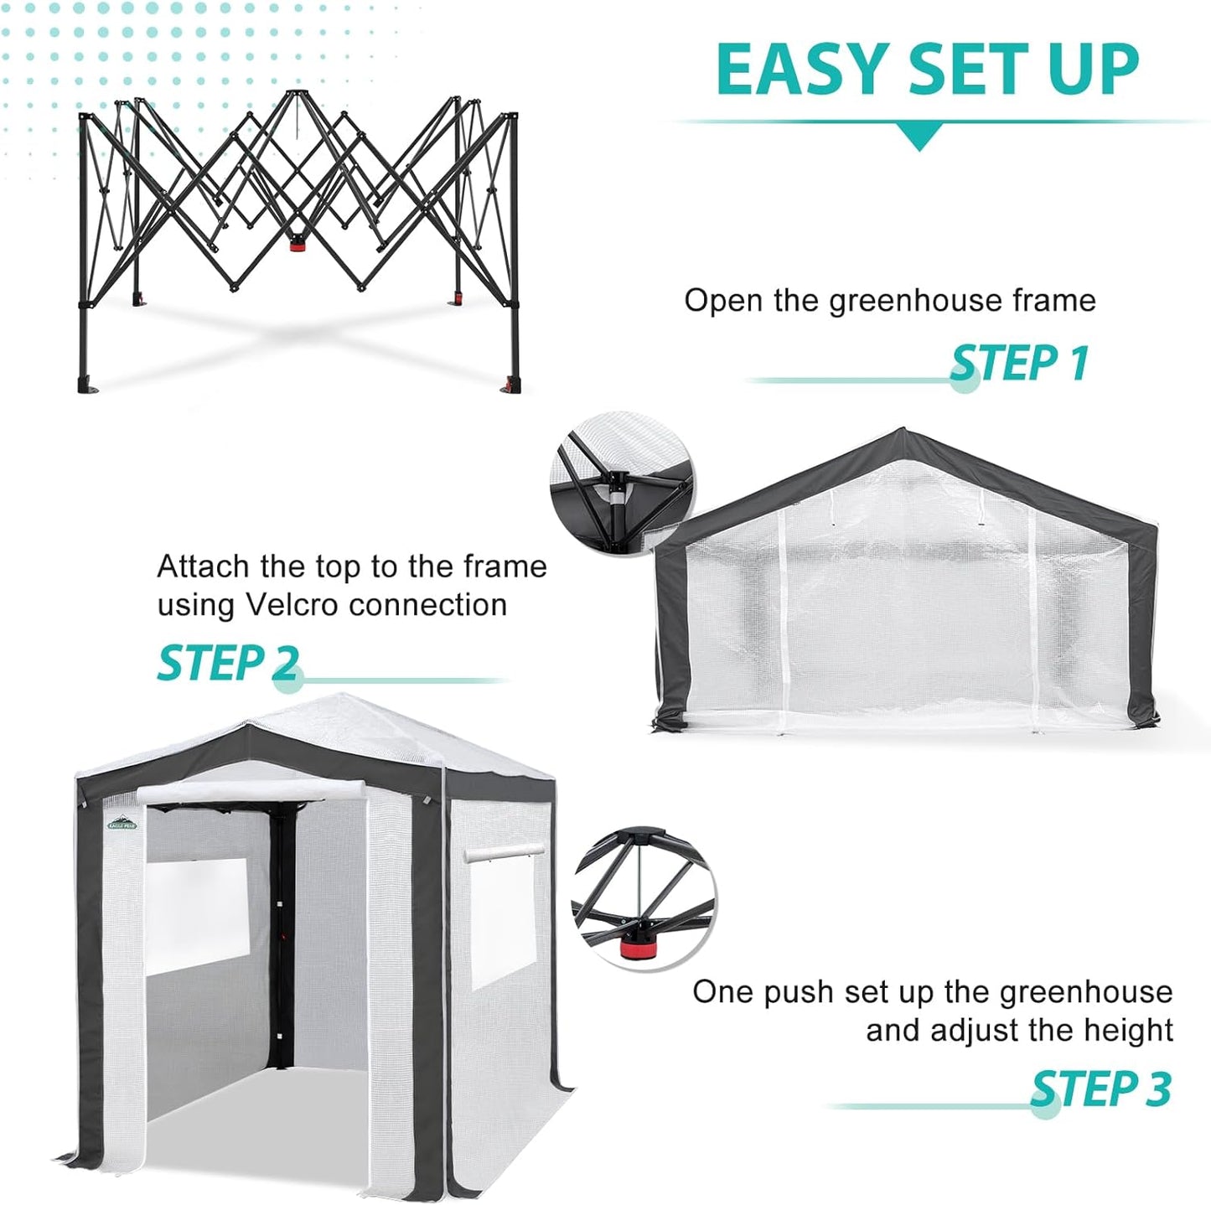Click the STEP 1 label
pyautogui.click(x=1019, y=362)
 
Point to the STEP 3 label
pyautogui.click(x=1100, y=1089)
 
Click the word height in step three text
pyautogui.click(x=1126, y=1029)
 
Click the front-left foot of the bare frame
pyautogui.click(x=89, y=385)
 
